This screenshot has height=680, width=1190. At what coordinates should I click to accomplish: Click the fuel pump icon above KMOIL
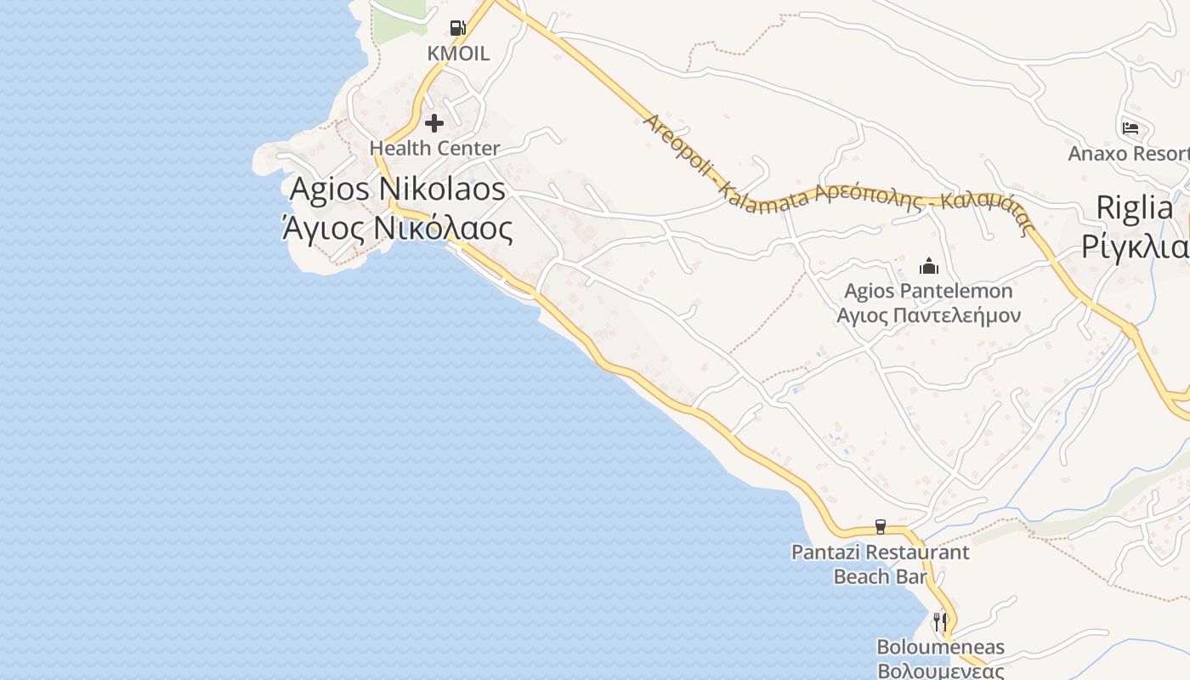pos(458,28)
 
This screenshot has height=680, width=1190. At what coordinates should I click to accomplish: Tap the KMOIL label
pos(458,54)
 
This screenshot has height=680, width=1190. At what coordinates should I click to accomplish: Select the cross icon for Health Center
pos(434,123)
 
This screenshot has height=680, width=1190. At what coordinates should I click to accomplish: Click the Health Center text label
pos(434,148)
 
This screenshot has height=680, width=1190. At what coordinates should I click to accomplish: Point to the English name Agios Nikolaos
pos(398,189)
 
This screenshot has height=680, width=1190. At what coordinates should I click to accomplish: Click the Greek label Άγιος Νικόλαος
pos(398,228)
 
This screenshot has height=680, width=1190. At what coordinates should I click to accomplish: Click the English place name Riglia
pos(1135,207)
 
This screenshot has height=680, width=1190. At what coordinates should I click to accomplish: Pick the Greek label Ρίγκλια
pos(1135,246)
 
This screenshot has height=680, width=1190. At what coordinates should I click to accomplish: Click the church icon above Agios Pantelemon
pos(928,266)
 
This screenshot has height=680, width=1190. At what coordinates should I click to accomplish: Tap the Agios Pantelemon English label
pos(928,291)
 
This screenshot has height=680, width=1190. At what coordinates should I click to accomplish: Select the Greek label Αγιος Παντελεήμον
pos(928,315)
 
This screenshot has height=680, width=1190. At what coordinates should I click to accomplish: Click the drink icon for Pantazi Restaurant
pos(881,527)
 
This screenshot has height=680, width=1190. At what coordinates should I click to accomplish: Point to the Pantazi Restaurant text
pos(880,552)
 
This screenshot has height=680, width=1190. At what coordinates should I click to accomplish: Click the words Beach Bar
pos(880,576)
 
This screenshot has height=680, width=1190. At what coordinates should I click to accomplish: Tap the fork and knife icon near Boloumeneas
pos(940,622)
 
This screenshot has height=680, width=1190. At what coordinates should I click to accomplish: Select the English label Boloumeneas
pos(940,647)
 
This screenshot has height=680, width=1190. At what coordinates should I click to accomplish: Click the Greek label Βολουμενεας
pos(940,670)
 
